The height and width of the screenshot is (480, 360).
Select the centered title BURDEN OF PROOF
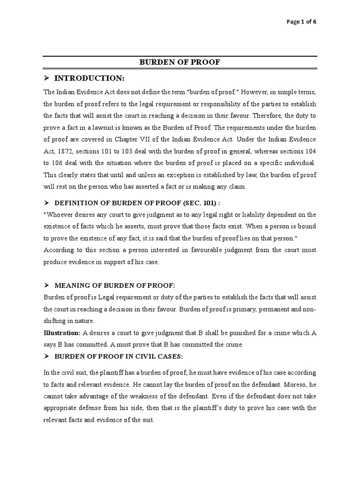(180, 62)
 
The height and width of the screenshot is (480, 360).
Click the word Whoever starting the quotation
(60, 215)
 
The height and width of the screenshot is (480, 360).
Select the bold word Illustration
(62, 333)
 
